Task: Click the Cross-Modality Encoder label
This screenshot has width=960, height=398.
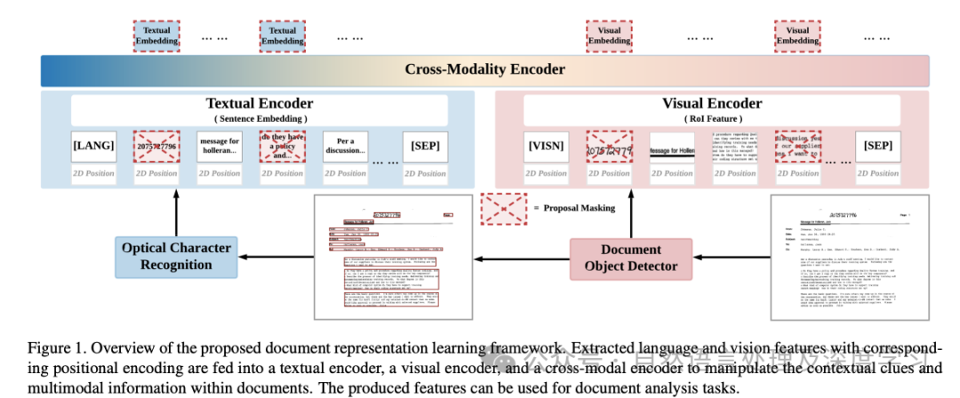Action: (484, 69)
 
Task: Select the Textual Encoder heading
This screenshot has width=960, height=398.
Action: (260, 103)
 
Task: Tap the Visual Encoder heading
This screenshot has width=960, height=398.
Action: (712, 103)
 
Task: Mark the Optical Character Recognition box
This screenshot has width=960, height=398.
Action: (176, 256)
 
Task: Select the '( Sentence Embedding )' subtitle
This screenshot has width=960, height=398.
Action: (260, 118)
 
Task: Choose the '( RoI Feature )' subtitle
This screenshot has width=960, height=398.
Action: (712, 118)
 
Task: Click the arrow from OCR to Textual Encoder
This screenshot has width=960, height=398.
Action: (176, 213)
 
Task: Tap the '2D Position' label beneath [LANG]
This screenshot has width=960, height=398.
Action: (93, 173)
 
